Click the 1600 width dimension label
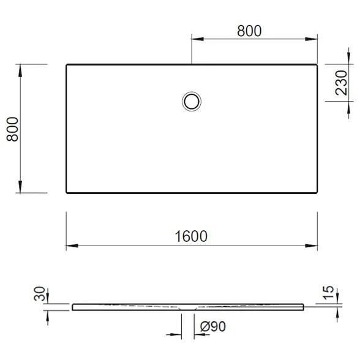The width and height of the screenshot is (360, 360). click(x=192, y=236)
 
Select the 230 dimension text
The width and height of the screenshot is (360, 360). click(x=342, y=84)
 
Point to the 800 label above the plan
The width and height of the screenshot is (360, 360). click(x=249, y=31)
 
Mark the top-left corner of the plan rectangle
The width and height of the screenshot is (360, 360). click(x=66, y=64)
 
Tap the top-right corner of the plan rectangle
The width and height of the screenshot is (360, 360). click(x=317, y=64)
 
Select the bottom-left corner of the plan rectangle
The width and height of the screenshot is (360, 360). click(x=66, y=193)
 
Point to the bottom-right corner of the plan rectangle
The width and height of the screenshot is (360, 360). click(x=317, y=193)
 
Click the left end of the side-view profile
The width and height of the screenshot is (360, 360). click(x=73, y=307)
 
